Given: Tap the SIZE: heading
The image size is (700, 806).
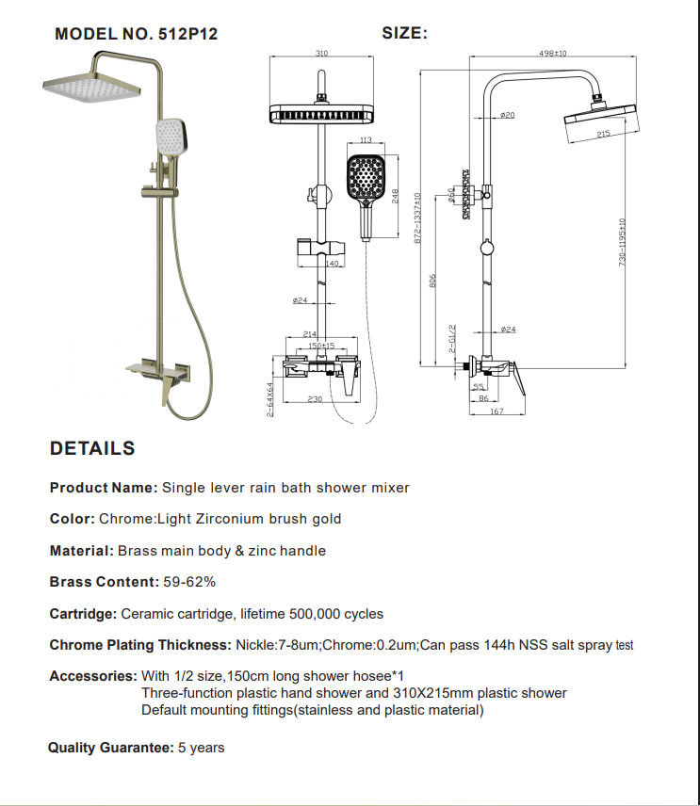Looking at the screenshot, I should pos(405,33).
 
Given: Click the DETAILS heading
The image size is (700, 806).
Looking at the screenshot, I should pos(92,449).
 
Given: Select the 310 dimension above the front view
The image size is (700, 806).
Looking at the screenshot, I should pos(321,55).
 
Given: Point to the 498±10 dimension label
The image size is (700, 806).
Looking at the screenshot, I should pos(553,54).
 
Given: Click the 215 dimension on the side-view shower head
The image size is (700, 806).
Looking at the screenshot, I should pos(603,135).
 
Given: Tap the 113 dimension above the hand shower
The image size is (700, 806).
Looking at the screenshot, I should pos(366,141).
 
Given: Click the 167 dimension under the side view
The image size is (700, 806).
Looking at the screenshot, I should pos(497,411).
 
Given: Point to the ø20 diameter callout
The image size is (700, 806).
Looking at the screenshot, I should pos(508,115).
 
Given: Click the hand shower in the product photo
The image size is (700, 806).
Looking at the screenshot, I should pos(171,138).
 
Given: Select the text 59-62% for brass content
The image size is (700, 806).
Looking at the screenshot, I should pos(190,582).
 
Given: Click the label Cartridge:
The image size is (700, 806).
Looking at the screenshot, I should pos(84,614).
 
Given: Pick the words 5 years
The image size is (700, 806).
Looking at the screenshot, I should pos(202,748).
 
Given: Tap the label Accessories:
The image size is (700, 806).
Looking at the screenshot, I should pos(92,676).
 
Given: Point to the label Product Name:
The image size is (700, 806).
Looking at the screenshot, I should pos(104,488).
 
